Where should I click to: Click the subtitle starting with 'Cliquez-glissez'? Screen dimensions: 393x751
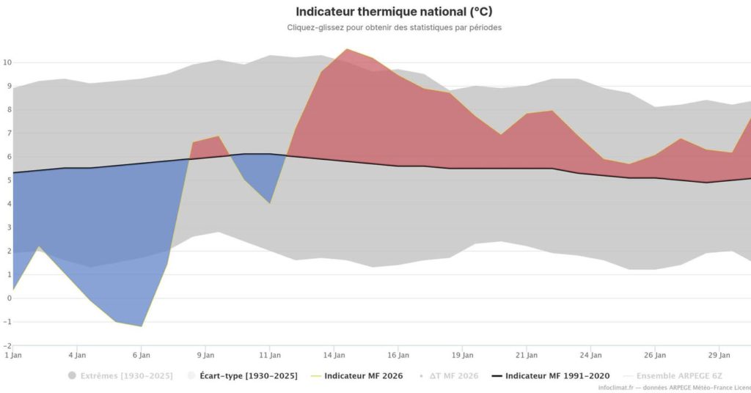[x=394, y=28]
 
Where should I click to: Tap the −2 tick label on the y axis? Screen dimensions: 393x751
[x=6, y=345]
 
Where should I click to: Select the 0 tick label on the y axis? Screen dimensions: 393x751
[x=9, y=298]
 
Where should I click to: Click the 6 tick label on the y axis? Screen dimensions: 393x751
[x=9, y=157]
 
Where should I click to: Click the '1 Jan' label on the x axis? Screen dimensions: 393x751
[x=12, y=355]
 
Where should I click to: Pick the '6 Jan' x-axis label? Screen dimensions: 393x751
[x=142, y=355]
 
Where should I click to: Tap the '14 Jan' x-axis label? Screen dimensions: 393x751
[x=334, y=355]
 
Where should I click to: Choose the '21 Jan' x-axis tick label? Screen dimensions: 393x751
[x=527, y=355]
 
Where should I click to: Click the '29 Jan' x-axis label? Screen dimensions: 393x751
[x=719, y=355]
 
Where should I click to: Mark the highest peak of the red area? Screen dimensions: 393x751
[x=346, y=49]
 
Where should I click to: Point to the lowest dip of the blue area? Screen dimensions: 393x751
[x=141, y=326]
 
